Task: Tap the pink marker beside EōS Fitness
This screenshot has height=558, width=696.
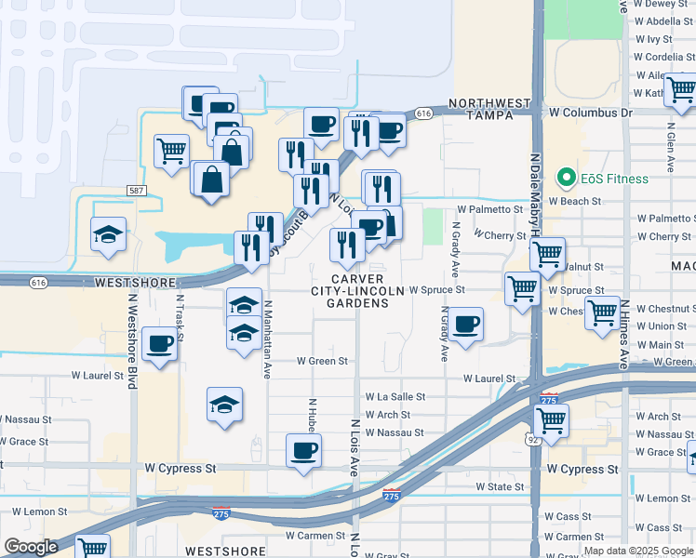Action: [564, 177]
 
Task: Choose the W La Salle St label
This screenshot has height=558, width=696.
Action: [395, 396]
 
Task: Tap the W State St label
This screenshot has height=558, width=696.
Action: [500, 486]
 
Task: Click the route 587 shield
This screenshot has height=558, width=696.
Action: [137, 190]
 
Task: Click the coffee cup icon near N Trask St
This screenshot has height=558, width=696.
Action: [160, 345]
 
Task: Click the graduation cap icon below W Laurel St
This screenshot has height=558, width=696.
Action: [224, 405]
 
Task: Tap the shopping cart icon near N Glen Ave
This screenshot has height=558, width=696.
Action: [680, 90]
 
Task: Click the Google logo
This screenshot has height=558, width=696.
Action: [31, 547]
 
